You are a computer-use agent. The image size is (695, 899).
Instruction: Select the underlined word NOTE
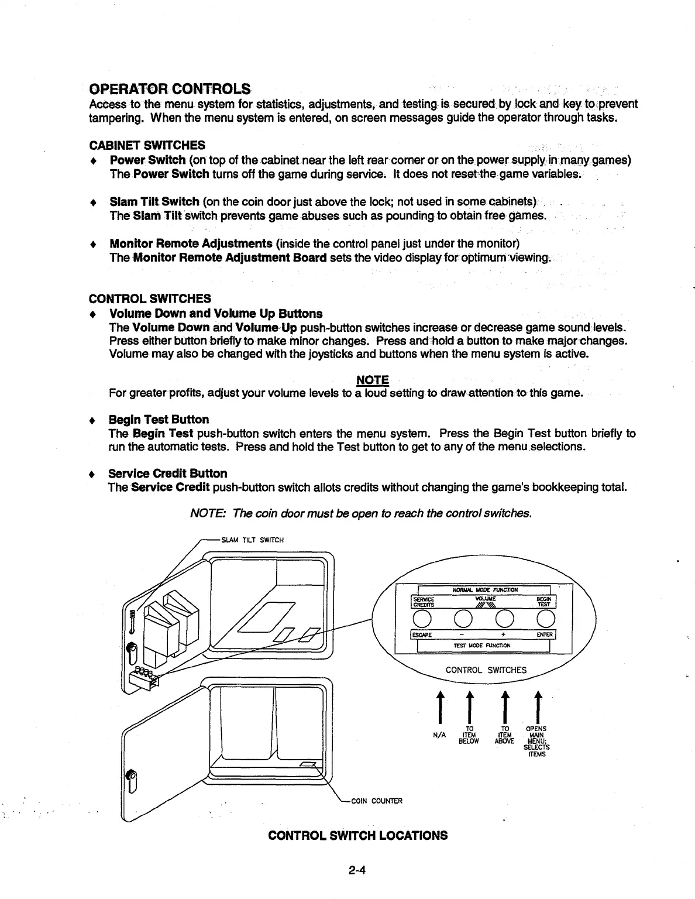pos(372,380)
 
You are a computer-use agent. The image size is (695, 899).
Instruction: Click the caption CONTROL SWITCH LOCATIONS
pos(357,835)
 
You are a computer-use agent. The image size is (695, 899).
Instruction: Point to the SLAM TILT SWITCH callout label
pos(251,540)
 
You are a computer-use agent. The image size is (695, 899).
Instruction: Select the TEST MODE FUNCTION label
pos(482,646)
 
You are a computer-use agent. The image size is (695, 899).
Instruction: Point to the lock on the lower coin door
pos(132,780)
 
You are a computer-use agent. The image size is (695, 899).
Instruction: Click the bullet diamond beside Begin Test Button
pos(92,420)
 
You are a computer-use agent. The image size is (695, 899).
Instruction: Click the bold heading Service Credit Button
pos(168,473)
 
